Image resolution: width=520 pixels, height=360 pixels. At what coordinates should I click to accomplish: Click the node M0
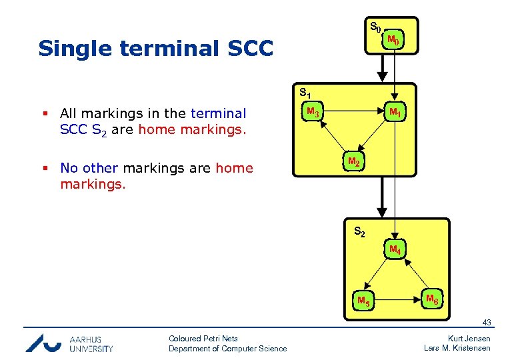[x=394, y=41]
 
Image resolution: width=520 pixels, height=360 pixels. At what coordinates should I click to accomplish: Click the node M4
[x=395, y=250]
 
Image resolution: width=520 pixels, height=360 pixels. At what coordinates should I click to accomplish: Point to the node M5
[x=363, y=300]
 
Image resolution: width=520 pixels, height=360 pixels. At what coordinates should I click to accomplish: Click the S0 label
[x=375, y=27]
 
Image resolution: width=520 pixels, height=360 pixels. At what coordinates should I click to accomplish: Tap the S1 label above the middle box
[x=305, y=92]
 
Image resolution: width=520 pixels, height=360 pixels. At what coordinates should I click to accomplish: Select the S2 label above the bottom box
[x=359, y=231]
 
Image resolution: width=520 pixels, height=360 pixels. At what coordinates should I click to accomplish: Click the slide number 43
[x=486, y=323]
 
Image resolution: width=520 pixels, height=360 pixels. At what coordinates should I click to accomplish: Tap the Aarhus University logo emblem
[x=43, y=343]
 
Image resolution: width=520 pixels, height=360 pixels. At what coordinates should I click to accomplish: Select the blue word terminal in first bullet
[x=218, y=113]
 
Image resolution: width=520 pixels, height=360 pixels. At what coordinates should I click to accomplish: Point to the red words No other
[x=89, y=168]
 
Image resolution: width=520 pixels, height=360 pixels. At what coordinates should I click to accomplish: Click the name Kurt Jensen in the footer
[x=469, y=338]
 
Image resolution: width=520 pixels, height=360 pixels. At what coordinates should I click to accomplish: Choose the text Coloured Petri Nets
[x=203, y=338]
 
